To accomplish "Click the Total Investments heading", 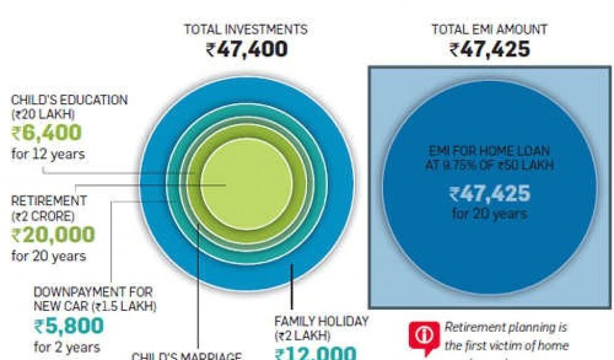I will coord(245,29).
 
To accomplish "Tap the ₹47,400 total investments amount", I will coord(246,49).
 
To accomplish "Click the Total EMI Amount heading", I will coord(489,29).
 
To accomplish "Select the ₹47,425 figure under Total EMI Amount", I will coord(489,49).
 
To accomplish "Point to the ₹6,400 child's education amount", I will coord(46,133).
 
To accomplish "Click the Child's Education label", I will coord(69,100).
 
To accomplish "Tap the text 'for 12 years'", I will coord(48,154).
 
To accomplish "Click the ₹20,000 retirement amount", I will coord(53,235).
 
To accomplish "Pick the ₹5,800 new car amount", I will coord(68,326).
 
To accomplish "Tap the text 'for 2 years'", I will coord(67,347).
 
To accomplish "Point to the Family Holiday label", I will coord(321,322).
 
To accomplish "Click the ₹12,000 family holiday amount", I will coord(315,353).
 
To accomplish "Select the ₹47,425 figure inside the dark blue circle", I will coord(489,194).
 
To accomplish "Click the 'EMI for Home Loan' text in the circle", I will coord(489,152).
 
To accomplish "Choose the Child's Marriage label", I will coord(186,356).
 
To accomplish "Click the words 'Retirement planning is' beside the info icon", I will coord(505,328).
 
